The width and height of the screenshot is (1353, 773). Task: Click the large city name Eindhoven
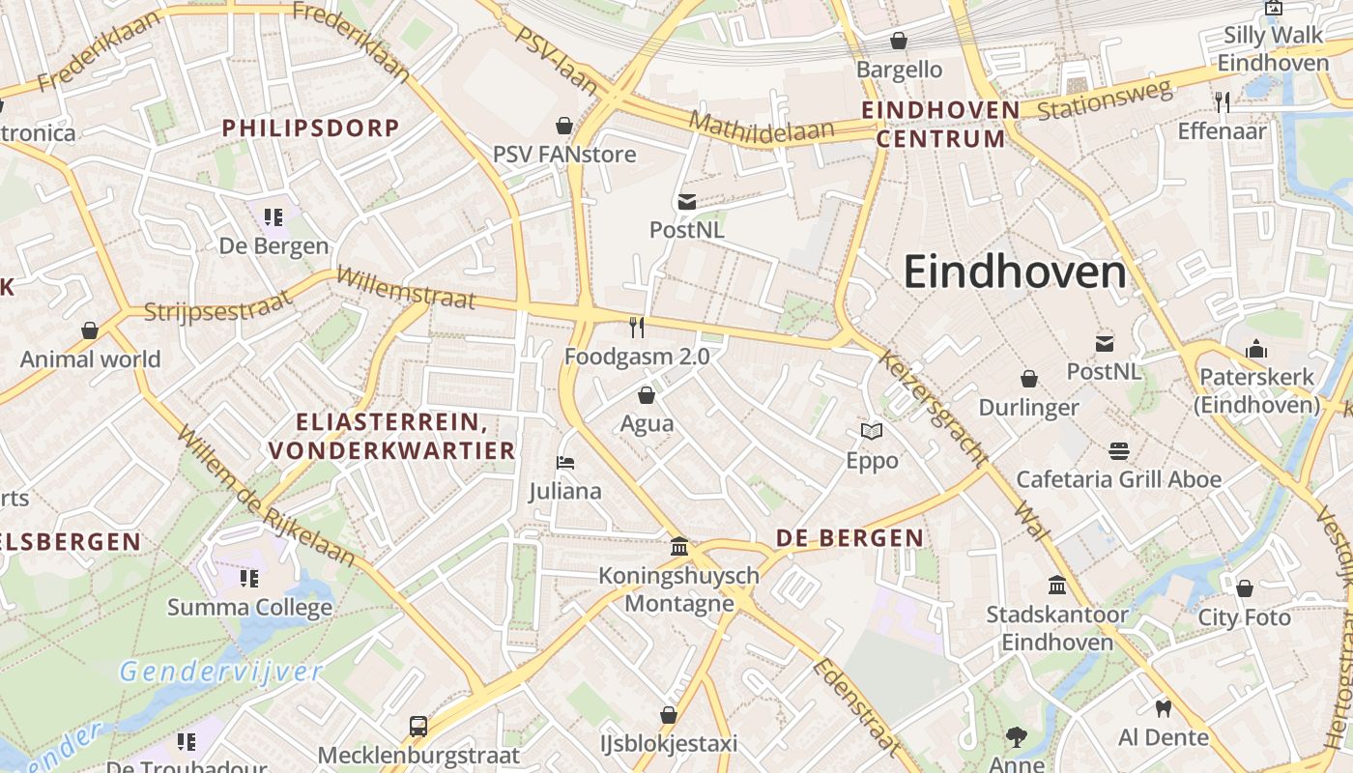(1015, 272)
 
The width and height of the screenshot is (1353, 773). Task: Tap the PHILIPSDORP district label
(310, 128)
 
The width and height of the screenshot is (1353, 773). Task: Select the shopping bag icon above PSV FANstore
(564, 126)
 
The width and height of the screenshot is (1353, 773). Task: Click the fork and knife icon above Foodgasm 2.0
(636, 328)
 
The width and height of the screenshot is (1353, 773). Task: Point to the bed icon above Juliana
(565, 463)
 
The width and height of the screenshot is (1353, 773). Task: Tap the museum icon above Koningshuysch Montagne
(679, 547)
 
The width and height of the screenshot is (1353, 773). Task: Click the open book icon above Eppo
(872, 432)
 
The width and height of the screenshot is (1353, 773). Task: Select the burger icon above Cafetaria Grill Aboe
(1119, 450)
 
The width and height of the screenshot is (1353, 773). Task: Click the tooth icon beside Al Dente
(1163, 708)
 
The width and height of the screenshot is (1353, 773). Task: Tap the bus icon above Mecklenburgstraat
(418, 726)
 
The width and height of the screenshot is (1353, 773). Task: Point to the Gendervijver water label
(220, 672)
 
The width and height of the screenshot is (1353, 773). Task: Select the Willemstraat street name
(405, 288)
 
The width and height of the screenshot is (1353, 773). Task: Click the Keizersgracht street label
(933, 406)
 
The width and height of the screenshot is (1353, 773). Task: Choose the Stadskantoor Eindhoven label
(1056, 627)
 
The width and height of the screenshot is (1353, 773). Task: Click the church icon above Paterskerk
(1256, 348)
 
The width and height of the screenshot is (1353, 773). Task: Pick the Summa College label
(249, 607)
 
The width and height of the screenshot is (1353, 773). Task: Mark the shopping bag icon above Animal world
(90, 330)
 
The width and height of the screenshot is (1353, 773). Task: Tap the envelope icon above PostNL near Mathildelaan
(686, 201)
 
